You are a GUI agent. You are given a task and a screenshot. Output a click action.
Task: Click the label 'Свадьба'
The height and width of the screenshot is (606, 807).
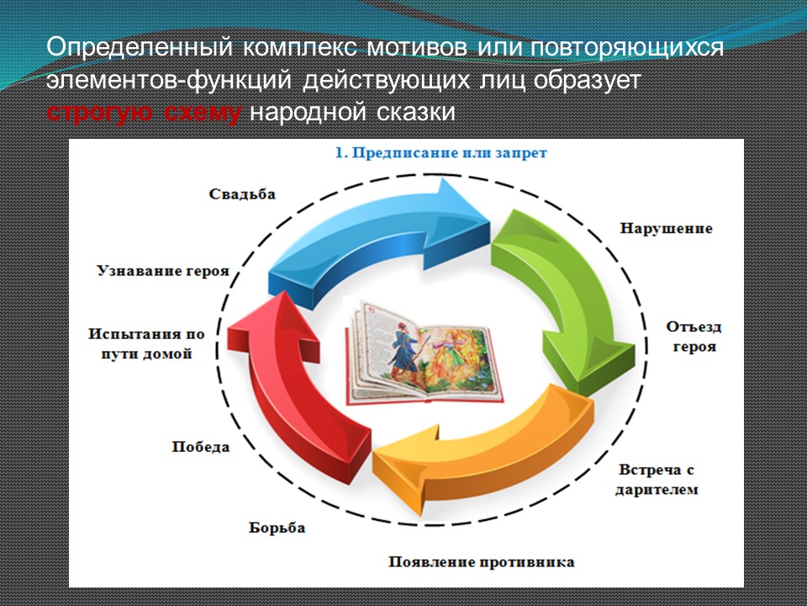(242, 194)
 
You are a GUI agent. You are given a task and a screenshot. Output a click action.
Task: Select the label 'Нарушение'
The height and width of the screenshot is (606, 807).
(666, 228)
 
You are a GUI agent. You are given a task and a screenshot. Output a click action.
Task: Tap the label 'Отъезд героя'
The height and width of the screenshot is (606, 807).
(694, 337)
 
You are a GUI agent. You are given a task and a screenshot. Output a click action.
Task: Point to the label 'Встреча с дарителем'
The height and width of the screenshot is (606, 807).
(657, 480)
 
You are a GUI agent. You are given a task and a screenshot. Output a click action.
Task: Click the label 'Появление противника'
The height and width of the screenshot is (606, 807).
(481, 561)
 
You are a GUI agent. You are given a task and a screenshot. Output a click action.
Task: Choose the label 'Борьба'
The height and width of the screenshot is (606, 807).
(277, 528)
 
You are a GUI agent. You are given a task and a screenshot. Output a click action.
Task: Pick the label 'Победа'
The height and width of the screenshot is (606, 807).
(201, 447)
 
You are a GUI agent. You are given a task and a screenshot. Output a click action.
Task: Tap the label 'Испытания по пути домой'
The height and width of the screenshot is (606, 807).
(146, 343)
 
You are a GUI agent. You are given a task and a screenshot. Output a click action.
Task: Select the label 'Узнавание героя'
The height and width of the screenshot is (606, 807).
(162, 271)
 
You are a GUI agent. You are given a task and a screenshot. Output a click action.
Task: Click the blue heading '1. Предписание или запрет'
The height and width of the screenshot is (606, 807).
(440, 153)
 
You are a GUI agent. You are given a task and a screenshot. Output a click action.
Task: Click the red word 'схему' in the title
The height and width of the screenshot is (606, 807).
(203, 112)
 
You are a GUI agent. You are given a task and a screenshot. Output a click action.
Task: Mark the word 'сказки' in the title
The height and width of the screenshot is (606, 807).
(416, 112)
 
